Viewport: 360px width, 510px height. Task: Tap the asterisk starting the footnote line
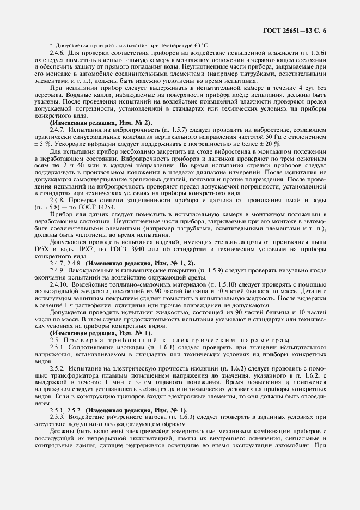51,45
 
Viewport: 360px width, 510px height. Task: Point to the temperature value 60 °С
200,45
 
